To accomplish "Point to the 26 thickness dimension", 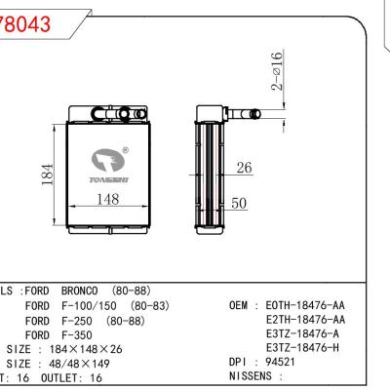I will click(x=245, y=169).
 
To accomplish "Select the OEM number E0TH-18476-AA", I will click(x=305, y=305).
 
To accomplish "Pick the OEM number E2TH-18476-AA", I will click(x=305, y=319).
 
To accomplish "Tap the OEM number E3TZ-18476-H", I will click(x=302, y=346).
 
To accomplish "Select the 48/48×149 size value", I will click(x=74, y=362).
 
